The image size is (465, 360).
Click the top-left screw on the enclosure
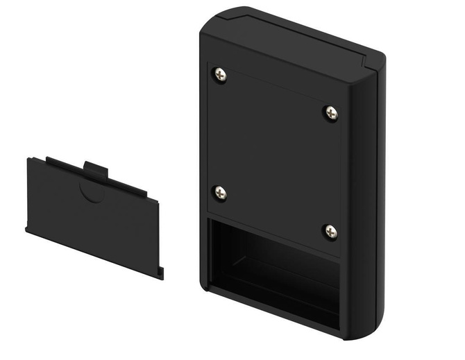(x=220, y=73)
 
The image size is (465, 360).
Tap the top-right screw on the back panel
(x=331, y=112)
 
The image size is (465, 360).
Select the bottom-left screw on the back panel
(x=220, y=193)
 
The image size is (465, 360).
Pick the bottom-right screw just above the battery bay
(x=330, y=231)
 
